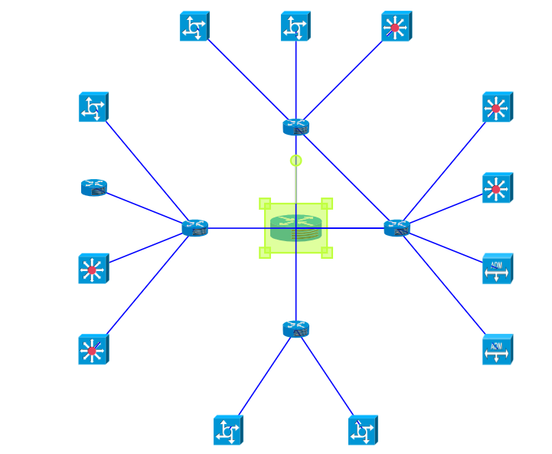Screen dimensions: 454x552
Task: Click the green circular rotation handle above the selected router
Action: point(296,161)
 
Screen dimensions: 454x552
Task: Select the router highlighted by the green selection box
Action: point(296,228)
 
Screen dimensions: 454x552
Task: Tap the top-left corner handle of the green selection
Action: point(265,204)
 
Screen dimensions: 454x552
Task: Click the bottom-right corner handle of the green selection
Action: point(327,253)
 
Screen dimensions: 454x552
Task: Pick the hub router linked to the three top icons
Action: point(296,127)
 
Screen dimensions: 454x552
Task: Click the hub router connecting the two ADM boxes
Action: point(397,227)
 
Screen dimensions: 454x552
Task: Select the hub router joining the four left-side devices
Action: point(195,227)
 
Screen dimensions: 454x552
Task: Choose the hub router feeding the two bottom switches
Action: point(296,329)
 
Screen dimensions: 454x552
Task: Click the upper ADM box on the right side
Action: point(497,269)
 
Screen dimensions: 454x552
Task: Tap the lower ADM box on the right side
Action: point(497,349)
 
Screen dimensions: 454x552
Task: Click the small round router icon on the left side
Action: point(93,188)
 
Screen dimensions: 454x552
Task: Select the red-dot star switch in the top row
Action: point(396,27)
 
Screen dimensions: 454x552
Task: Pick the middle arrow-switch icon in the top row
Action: point(295,27)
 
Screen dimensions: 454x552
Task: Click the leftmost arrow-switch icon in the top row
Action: point(194,27)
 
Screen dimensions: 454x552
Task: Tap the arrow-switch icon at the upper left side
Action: point(93,107)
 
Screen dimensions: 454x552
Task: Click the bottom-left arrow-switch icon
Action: point(227,430)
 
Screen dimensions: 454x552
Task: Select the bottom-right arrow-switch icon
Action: point(362,430)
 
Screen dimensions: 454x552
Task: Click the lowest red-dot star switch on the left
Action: point(93,350)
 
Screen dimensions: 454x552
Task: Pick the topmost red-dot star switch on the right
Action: point(497,107)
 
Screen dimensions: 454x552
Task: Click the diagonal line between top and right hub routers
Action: point(346,177)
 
